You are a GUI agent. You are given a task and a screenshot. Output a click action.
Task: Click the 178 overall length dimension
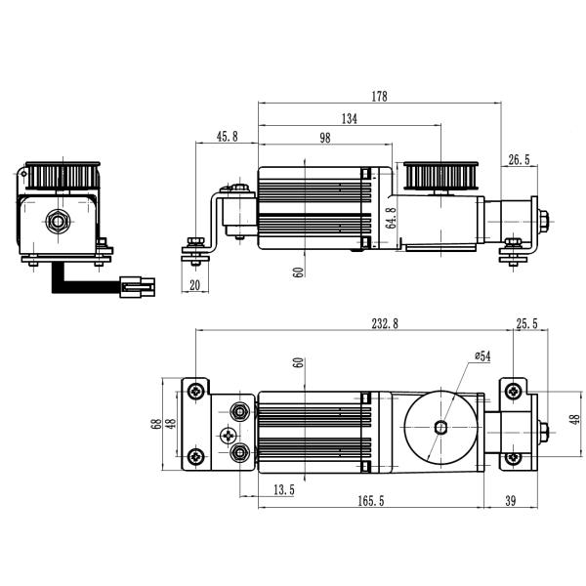tap(380, 96)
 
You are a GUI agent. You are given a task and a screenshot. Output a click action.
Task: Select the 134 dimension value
tap(349, 118)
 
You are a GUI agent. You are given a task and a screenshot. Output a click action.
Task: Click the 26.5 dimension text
tap(519, 159)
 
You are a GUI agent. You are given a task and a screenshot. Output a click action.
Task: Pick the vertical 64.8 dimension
tap(391, 218)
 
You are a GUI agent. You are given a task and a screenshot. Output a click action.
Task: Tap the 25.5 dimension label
tap(527, 324)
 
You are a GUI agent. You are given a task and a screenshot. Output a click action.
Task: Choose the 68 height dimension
tap(155, 424)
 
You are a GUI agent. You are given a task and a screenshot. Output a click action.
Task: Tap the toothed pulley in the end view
tap(60, 176)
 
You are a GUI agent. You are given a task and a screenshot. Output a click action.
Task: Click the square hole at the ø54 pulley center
tap(441, 427)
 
